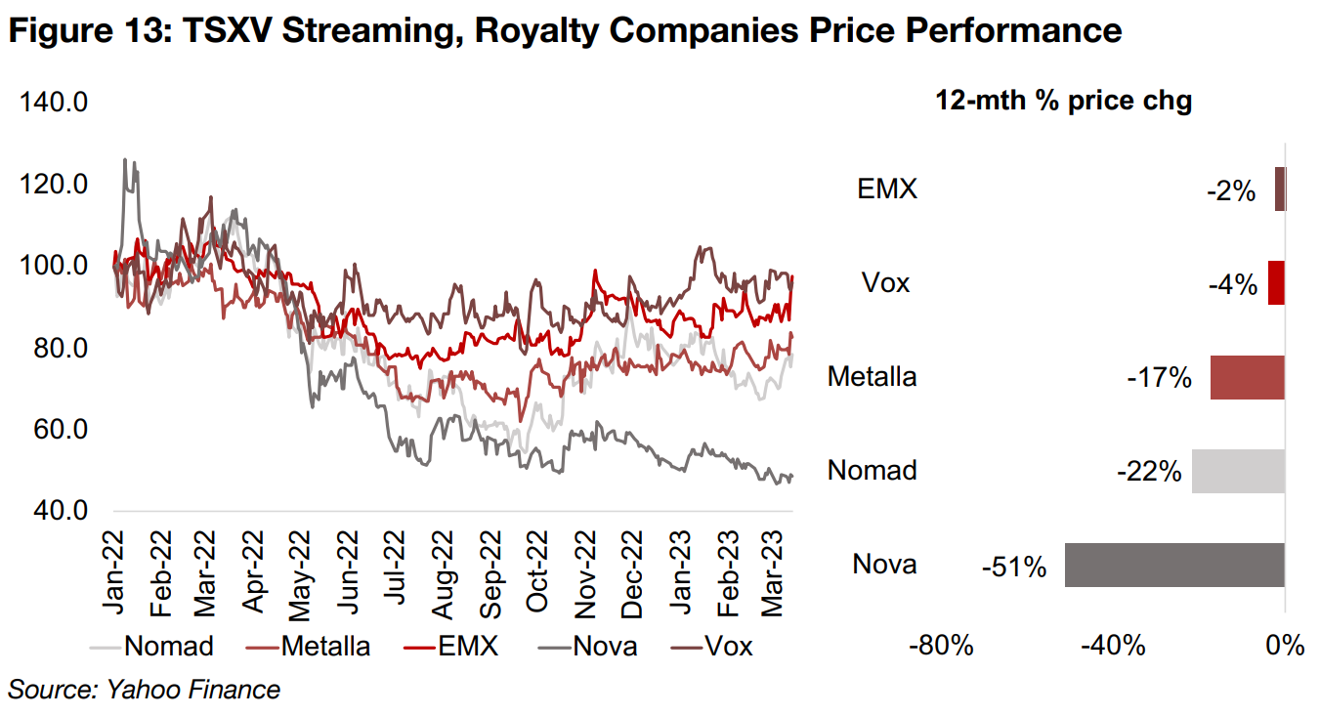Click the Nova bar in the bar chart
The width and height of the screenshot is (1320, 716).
[1174, 565]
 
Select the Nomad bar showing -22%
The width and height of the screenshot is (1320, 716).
[1238, 471]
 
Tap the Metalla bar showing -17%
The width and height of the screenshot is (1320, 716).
[1248, 377]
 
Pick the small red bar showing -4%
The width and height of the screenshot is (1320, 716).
[1276, 283]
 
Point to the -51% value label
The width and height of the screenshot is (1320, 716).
[1014, 566]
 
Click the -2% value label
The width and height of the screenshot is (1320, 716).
[1230, 191]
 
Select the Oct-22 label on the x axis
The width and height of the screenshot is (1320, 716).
[535, 571]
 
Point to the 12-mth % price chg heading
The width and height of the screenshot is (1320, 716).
[1063, 101]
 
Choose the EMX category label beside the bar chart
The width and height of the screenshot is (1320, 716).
[887, 189]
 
